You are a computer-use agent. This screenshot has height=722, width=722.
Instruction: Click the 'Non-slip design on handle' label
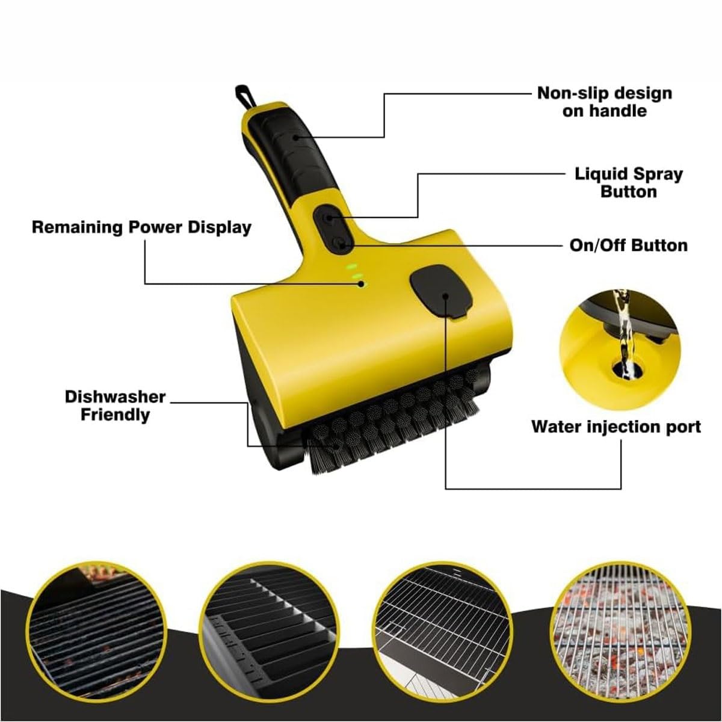604,102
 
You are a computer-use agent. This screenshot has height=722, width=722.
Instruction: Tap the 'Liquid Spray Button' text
629,183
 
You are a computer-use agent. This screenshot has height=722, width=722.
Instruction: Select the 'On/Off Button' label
629,245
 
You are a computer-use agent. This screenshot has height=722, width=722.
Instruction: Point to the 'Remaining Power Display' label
141,228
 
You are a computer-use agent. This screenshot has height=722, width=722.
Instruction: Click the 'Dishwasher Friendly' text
115,406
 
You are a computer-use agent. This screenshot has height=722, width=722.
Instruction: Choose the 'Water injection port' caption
616,427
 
